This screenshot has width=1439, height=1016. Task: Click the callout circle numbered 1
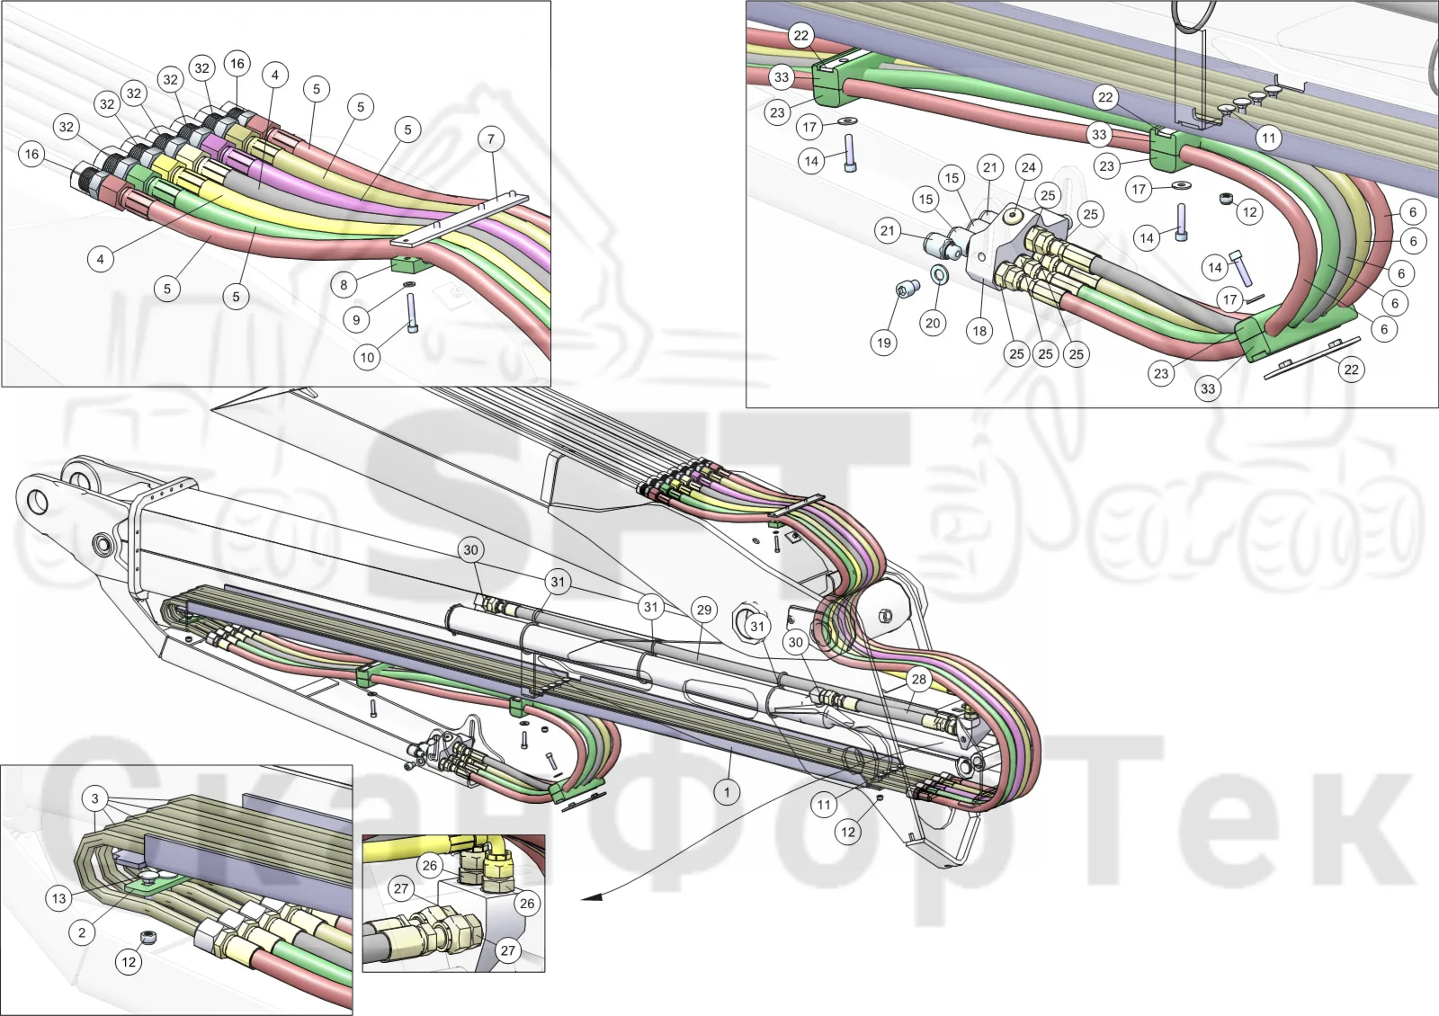pyautogui.click(x=727, y=792)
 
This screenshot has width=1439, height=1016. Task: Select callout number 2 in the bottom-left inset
pyautogui.click(x=82, y=932)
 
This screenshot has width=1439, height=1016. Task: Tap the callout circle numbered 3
pyautogui.click(x=95, y=799)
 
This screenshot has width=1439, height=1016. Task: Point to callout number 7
pyautogui.click(x=491, y=138)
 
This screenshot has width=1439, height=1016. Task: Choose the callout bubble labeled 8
pyautogui.click(x=344, y=284)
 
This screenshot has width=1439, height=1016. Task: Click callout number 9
pyautogui.click(x=356, y=320)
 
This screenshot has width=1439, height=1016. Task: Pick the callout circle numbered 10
pyautogui.click(x=367, y=357)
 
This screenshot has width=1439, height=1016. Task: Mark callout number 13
pyautogui.click(x=59, y=898)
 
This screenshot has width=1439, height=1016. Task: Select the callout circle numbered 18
pyautogui.click(x=979, y=331)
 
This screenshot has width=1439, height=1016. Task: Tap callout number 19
pyautogui.click(x=884, y=343)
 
